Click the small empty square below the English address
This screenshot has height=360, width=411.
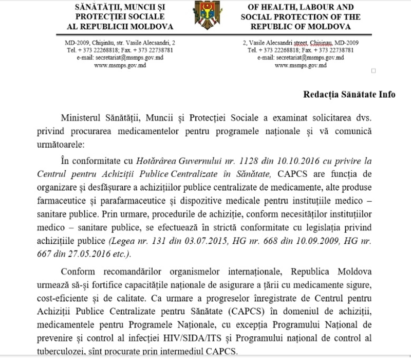click(x=373, y=70)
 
